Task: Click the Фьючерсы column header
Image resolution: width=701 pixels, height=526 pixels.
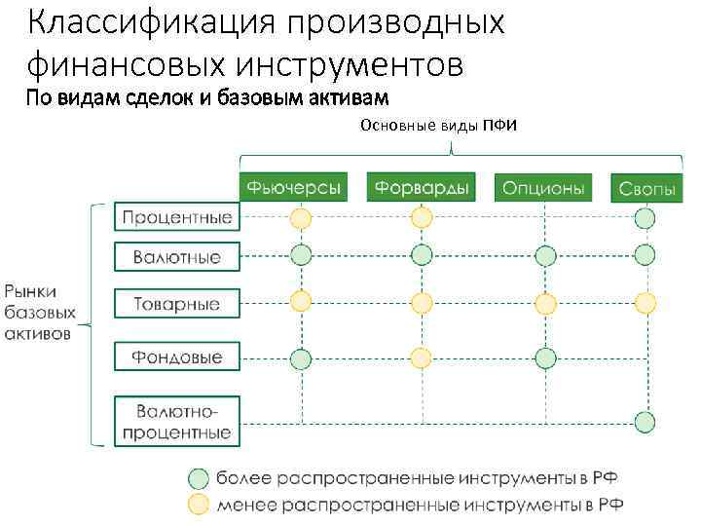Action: (293, 186)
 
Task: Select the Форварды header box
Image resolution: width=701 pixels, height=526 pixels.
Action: (420, 186)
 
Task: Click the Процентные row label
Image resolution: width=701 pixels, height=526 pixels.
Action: (176, 216)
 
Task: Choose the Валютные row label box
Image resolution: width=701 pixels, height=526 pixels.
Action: (176, 258)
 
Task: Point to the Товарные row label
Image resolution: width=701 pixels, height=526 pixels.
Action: (176, 304)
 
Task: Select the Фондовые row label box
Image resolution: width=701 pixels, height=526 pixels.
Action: (176, 357)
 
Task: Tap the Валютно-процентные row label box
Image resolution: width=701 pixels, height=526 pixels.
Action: (176, 420)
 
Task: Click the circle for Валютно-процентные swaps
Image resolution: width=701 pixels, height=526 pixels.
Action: (645, 422)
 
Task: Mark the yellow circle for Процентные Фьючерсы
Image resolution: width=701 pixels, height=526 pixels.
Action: (301, 217)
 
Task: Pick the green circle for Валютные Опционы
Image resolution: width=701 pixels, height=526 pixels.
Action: (545, 256)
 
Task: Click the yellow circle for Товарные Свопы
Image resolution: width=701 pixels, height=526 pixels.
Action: (645, 303)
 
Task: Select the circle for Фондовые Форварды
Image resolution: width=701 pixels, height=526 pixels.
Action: (421, 357)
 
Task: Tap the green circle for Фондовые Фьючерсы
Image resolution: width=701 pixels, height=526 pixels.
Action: (301, 358)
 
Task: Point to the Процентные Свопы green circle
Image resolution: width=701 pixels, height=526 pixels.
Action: (645, 218)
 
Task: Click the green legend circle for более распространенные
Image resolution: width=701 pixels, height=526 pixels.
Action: (198, 478)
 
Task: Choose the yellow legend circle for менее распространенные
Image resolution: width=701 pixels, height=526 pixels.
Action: (198, 504)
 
